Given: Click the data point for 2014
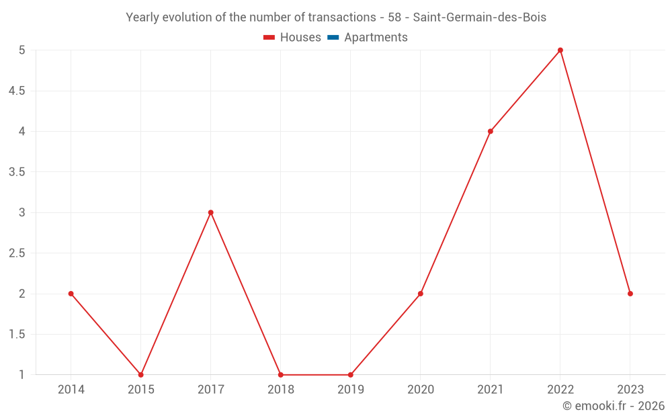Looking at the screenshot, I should pos(71,294).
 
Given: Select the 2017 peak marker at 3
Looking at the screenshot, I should pos(210,212).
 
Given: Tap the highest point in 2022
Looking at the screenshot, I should pos(560,50).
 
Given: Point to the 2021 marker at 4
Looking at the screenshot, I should pos(490,132).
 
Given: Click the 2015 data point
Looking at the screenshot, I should pos(140,374).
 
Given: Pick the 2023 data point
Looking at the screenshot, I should pos(630,294).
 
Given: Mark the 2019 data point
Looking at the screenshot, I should pos(350,374).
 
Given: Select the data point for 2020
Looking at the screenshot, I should pos(420,294).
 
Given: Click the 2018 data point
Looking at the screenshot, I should pos(280,374).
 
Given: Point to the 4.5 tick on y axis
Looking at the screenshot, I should pos(16,91).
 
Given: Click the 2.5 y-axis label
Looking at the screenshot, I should pos(16,253).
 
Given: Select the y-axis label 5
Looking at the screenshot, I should pos(22,50).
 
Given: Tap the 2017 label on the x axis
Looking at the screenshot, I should pos(210,389).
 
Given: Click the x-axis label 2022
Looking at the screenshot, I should pos(560,389).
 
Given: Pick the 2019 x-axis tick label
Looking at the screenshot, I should pos(350,389).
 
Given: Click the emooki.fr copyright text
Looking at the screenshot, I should pos(613,406).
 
